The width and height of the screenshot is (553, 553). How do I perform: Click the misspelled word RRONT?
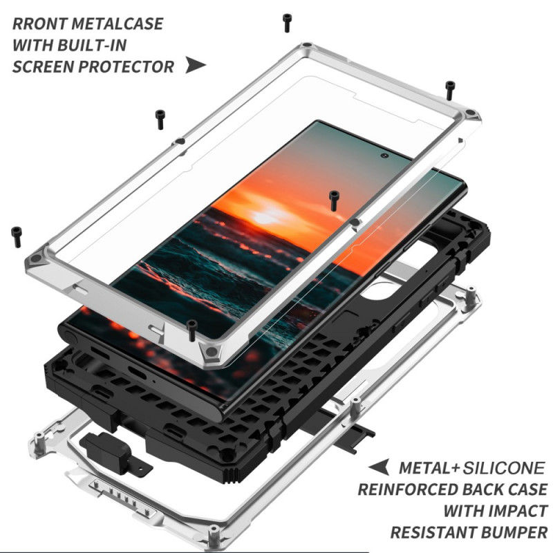point(40,24)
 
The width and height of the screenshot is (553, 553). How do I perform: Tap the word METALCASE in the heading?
point(118,24)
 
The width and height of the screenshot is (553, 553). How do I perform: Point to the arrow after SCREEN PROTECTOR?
point(195,65)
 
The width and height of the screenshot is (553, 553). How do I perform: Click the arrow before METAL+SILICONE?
point(379,467)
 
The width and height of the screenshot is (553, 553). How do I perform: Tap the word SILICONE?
point(504,469)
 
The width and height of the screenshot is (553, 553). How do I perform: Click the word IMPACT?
point(515,511)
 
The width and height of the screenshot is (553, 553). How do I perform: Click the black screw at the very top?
point(288,24)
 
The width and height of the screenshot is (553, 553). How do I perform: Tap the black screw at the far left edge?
point(17,236)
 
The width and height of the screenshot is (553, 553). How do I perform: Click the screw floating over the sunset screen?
point(334,200)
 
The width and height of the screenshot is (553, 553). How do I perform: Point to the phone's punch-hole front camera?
point(384,155)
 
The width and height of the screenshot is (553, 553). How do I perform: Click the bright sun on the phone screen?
point(266,218)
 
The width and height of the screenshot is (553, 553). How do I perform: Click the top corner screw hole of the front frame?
point(307,46)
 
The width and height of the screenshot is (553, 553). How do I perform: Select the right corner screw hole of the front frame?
point(470,113)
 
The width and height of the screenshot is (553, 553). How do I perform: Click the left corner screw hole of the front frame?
point(37,259)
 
